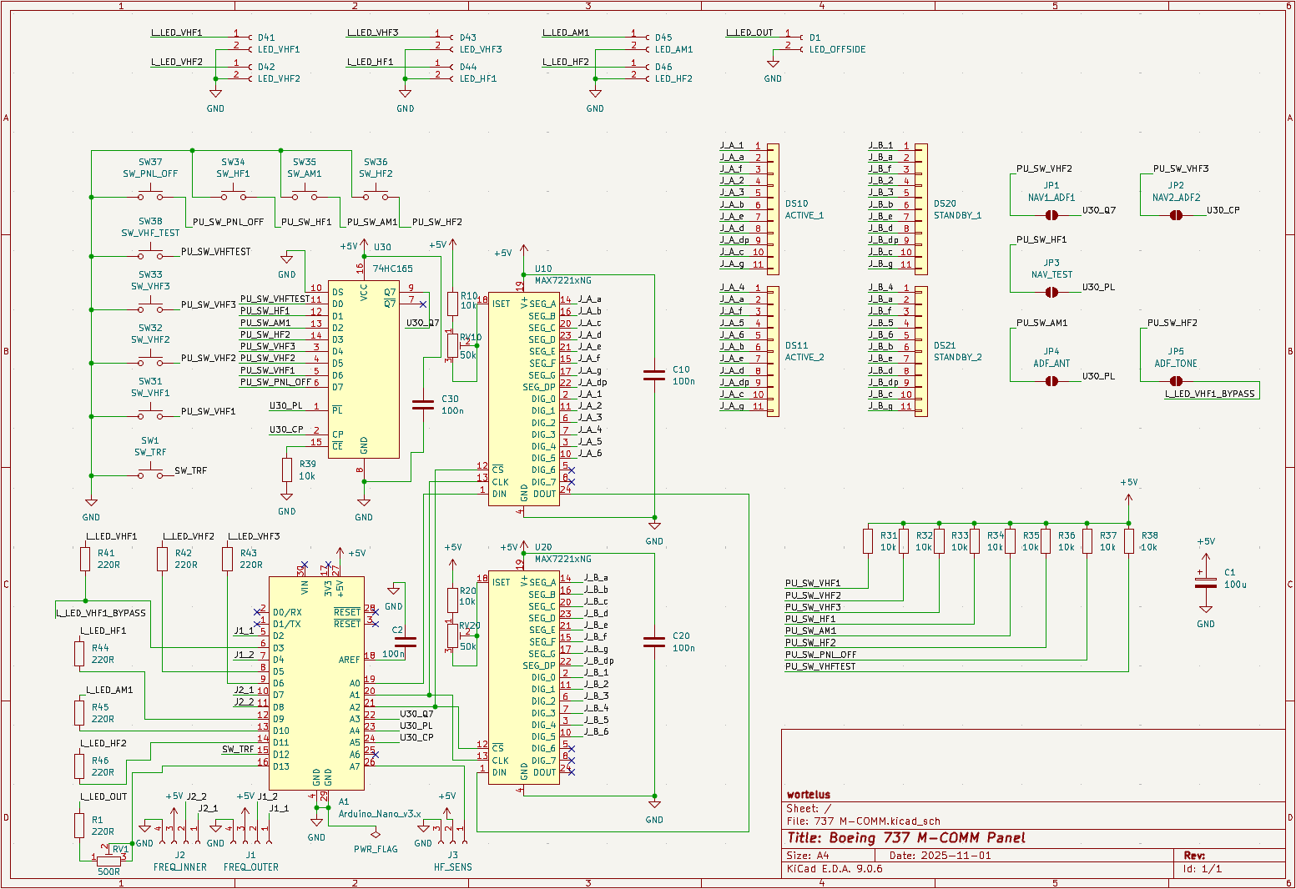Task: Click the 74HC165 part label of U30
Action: [x=392, y=269]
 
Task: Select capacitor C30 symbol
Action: [x=423, y=404]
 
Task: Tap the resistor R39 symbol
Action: [x=287, y=470]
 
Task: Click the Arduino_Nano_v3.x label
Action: [x=379, y=814]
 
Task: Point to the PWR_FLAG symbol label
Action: [x=376, y=849]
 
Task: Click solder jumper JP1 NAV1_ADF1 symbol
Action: [x=1051, y=215]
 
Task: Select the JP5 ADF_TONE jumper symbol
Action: [x=1176, y=381]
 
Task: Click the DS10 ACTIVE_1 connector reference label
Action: [x=796, y=203]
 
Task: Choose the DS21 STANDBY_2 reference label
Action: [x=945, y=345]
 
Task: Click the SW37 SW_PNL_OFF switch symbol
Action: [x=150, y=197]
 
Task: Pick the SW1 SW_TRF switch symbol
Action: [x=150, y=475]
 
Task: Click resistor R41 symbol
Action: [x=85, y=559]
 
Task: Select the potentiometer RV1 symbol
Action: [x=108, y=860]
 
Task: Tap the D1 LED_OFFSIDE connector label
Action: [x=837, y=49]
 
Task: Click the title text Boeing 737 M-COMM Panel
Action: [x=905, y=838]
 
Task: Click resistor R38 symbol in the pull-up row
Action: [x=1128, y=542]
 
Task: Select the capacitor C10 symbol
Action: [x=654, y=375]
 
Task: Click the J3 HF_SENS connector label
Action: [x=452, y=867]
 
